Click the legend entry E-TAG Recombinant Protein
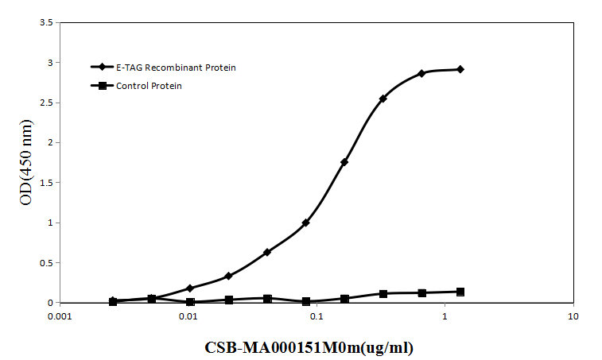coord(176,68)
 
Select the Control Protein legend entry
coord(149,86)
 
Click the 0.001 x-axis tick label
coord(60,315)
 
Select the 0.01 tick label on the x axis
coord(188,315)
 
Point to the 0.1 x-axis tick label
coord(317,315)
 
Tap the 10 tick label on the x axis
coord(573,315)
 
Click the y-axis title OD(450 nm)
coord(25,162)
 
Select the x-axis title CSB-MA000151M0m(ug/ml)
coord(309,347)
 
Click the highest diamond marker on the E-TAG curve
coord(460,69)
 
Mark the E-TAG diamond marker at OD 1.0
coord(305,223)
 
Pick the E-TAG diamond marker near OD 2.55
coord(383,99)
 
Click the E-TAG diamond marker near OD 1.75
coord(344,162)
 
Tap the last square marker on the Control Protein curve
coord(460,292)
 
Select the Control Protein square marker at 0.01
coord(190,302)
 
